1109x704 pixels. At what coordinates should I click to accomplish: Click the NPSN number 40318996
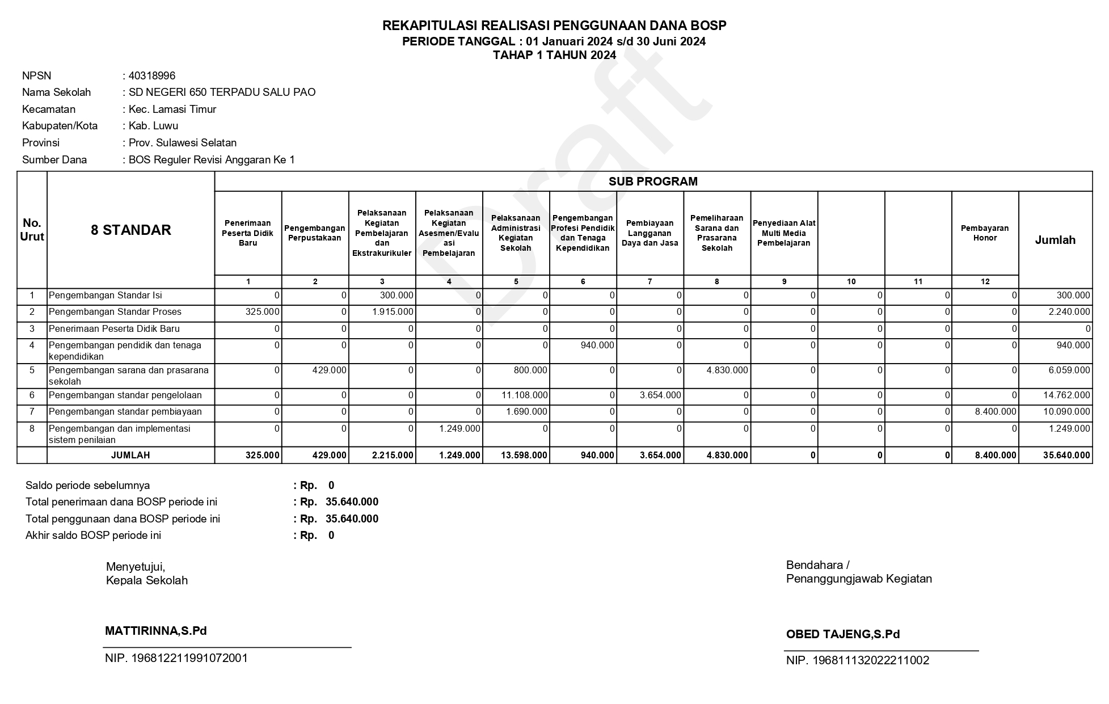click(x=152, y=75)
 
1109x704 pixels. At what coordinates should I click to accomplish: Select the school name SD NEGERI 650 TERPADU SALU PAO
click(x=222, y=92)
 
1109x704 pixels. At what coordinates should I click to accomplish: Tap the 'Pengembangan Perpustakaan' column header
click(x=315, y=233)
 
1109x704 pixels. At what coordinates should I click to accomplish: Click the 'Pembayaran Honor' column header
click(x=985, y=233)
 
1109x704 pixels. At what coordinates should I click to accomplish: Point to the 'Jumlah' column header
click(x=1055, y=240)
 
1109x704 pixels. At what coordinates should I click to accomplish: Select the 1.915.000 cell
click(x=393, y=312)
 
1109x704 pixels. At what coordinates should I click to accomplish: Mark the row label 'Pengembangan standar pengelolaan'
click(x=125, y=395)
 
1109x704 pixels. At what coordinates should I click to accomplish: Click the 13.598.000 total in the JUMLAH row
click(x=525, y=455)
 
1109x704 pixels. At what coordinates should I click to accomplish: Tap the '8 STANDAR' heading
click(x=131, y=230)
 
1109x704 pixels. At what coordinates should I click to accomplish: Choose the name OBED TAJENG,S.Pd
click(x=843, y=634)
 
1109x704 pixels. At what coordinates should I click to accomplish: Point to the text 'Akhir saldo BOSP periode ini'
click(x=93, y=536)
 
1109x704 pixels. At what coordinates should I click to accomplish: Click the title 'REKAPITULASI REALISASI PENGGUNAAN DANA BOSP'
click(x=554, y=26)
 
